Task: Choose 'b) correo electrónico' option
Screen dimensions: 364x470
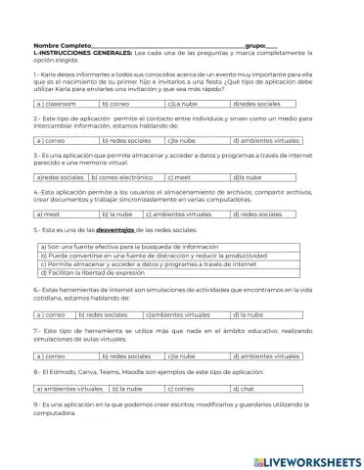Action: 122,177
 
